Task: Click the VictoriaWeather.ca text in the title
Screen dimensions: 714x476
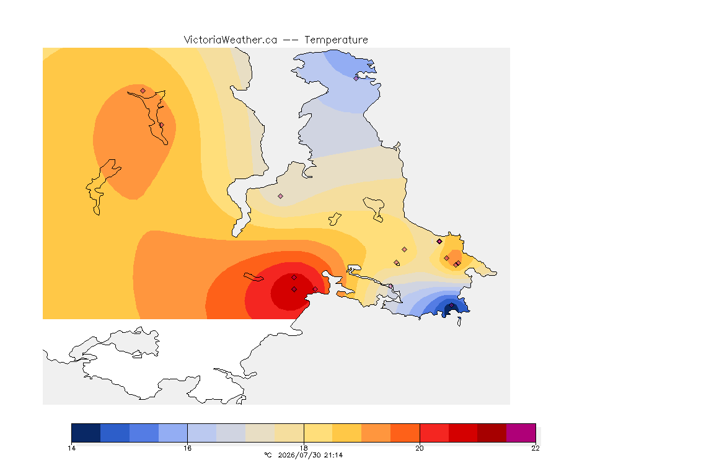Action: [x=231, y=40]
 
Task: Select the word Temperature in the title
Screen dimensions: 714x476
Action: [x=336, y=40]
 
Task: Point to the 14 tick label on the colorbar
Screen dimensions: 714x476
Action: [x=71, y=448]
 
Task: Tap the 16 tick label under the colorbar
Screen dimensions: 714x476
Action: [x=188, y=448]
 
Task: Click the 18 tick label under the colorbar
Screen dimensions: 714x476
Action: [x=304, y=448]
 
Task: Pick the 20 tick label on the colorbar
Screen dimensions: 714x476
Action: [x=420, y=448]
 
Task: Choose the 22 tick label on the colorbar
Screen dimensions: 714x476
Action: [x=535, y=448]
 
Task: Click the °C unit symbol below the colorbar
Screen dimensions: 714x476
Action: [x=268, y=455]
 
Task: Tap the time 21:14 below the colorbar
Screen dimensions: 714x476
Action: [x=333, y=455]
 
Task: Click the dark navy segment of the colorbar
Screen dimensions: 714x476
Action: [x=86, y=433]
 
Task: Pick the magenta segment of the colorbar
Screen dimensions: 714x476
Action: [x=521, y=433]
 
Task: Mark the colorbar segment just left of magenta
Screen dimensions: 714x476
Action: [x=491, y=433]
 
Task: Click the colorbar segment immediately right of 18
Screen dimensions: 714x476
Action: [x=319, y=433]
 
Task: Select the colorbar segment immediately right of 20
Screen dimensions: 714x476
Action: [x=434, y=433]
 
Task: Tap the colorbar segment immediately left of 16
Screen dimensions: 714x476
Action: [x=173, y=433]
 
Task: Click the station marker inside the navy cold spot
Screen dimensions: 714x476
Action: [x=451, y=305]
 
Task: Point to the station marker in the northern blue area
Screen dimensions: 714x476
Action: [x=356, y=78]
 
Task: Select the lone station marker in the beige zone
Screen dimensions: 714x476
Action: [x=281, y=196]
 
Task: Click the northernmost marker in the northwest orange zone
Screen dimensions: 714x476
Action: [x=143, y=91]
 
